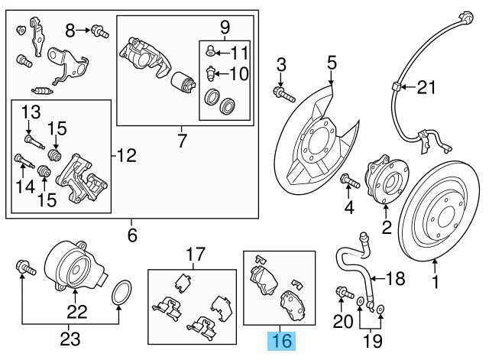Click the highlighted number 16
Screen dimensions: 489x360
click(282, 341)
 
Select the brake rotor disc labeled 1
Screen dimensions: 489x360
click(439, 212)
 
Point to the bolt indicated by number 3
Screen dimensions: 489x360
click(284, 94)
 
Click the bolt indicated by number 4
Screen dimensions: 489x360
click(351, 183)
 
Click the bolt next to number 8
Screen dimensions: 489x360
click(100, 31)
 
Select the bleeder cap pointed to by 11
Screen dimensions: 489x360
click(211, 50)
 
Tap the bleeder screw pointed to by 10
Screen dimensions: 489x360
click(211, 73)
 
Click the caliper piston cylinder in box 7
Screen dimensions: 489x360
click(183, 83)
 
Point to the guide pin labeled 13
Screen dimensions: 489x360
click(34, 141)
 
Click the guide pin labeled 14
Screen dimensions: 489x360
click(24, 161)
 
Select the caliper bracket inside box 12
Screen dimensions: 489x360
click(82, 179)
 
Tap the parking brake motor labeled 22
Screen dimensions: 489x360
click(75, 265)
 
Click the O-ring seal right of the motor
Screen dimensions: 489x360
click(121, 293)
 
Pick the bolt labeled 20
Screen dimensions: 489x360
click(345, 293)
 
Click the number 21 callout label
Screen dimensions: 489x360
click(426, 87)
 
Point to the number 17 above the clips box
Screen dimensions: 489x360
click(196, 255)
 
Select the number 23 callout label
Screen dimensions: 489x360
click(70, 339)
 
